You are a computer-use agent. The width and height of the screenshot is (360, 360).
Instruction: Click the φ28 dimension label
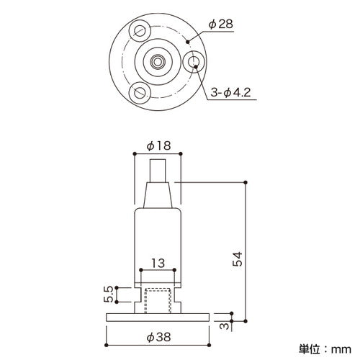click(x=221, y=24)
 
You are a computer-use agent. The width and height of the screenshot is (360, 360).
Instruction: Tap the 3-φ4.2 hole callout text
click(x=230, y=92)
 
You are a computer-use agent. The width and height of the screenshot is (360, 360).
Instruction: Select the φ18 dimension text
click(x=158, y=145)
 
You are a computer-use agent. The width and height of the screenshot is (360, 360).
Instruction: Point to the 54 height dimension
click(x=238, y=259)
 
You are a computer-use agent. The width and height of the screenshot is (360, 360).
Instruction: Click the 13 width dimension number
click(x=158, y=264)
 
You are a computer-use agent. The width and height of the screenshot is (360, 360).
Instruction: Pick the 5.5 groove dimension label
click(x=109, y=294)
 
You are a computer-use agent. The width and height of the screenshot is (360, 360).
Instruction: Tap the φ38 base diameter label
click(x=158, y=337)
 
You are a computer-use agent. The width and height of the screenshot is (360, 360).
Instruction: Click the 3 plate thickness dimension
click(x=225, y=326)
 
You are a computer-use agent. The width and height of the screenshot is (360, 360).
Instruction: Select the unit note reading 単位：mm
click(x=325, y=349)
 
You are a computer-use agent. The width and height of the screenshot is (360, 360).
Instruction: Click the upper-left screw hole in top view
click(x=140, y=30)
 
